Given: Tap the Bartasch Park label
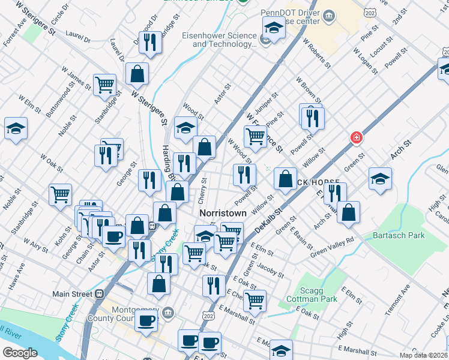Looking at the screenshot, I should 398,235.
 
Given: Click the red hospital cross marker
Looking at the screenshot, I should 357,139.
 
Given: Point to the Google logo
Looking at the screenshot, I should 20,352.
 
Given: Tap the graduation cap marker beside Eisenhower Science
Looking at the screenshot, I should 273,28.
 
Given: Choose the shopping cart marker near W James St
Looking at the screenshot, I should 104,84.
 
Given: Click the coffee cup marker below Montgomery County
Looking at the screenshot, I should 145,321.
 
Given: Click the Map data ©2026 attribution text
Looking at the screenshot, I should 423,355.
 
